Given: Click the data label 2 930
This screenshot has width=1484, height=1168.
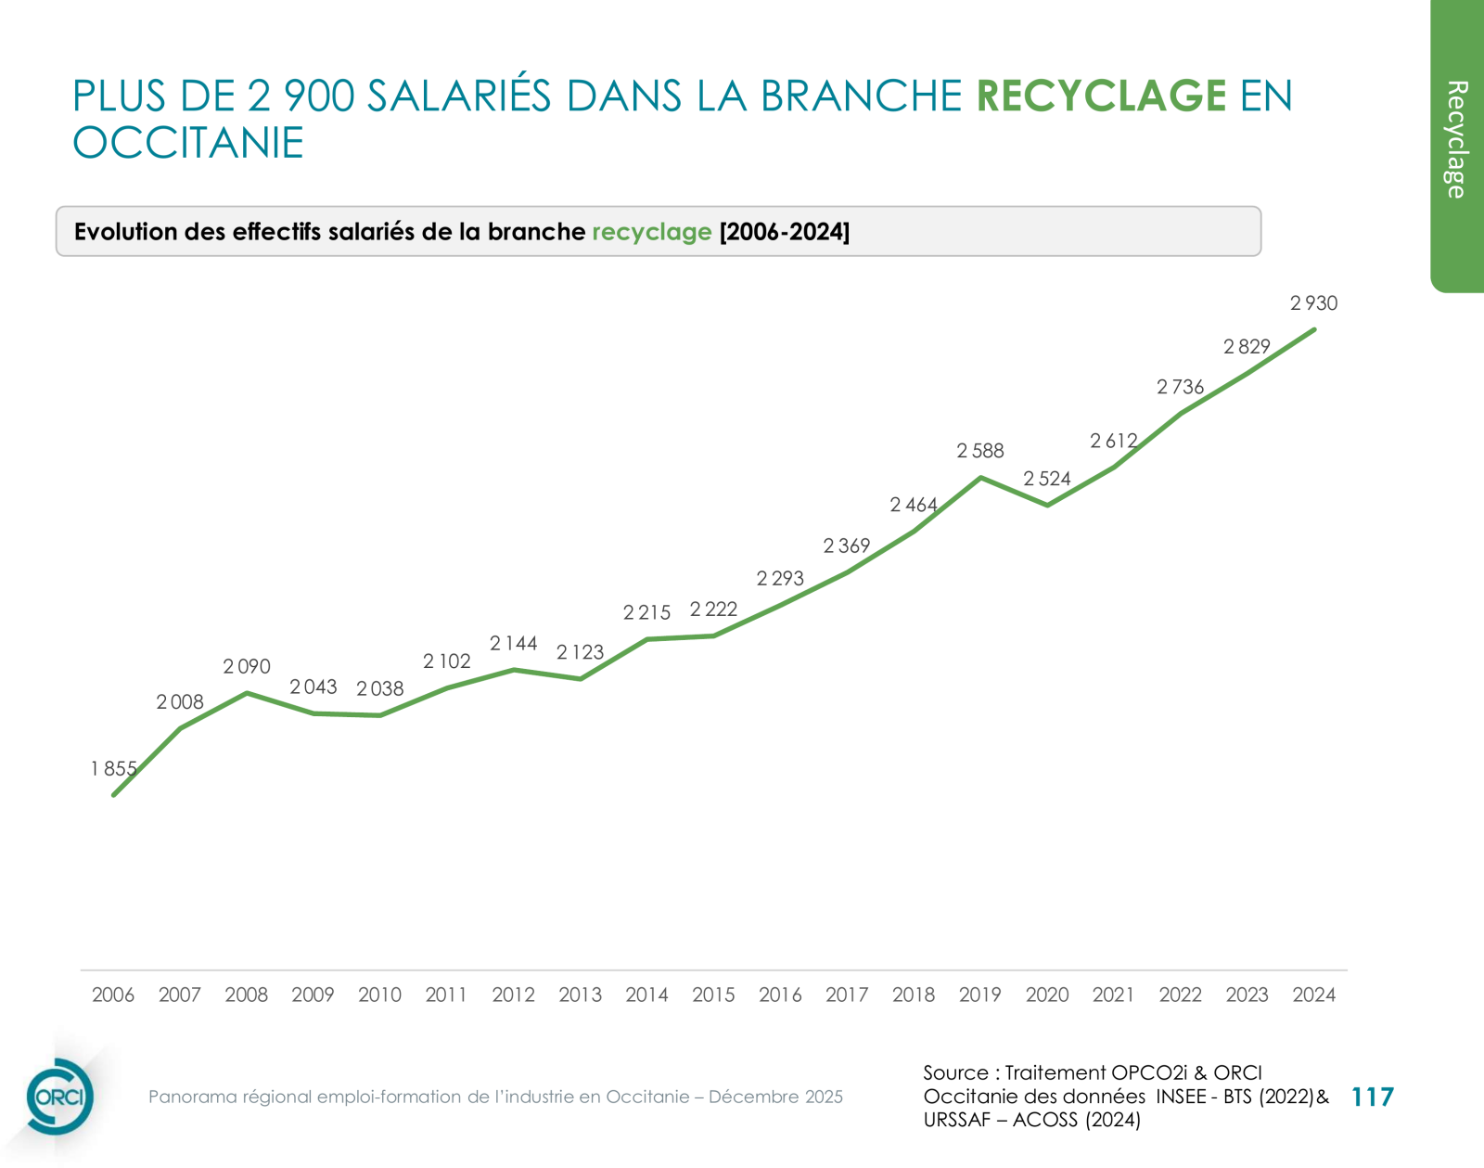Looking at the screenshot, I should point(1313,303).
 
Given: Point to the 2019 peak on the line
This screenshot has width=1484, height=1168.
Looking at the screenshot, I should point(980,477).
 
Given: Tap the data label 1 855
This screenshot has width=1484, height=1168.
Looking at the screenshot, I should point(113,769).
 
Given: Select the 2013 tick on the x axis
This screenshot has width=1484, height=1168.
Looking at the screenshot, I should point(580,995).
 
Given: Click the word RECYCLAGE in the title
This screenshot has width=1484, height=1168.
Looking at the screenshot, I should point(1101,96).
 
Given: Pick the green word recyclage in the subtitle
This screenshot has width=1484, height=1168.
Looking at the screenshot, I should point(651,231).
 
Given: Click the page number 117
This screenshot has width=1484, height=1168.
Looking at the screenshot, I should point(1373,1097).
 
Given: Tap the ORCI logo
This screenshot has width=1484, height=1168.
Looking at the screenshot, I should point(59,1097).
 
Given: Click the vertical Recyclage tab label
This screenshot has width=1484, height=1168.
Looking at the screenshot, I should point(1456,139).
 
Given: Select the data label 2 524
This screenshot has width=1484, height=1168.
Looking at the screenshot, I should point(1046,479).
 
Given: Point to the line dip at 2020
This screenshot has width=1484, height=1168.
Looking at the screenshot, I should point(1047,505).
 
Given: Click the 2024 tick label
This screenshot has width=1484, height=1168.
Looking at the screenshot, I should point(1313,995).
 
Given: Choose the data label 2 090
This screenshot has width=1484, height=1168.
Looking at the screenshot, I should point(246,666).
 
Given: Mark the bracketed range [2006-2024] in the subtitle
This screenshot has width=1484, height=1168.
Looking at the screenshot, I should point(784,231).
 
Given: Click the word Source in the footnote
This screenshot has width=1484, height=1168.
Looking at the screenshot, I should point(955,1072).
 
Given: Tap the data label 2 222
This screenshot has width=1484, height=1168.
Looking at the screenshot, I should point(713,610).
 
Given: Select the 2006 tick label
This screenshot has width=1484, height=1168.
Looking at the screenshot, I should point(113,995).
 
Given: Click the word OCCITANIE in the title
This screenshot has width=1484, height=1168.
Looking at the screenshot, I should point(188,143).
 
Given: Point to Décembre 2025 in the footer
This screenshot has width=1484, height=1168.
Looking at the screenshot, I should point(775,1097).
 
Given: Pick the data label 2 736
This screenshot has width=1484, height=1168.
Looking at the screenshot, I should point(1180,387).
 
